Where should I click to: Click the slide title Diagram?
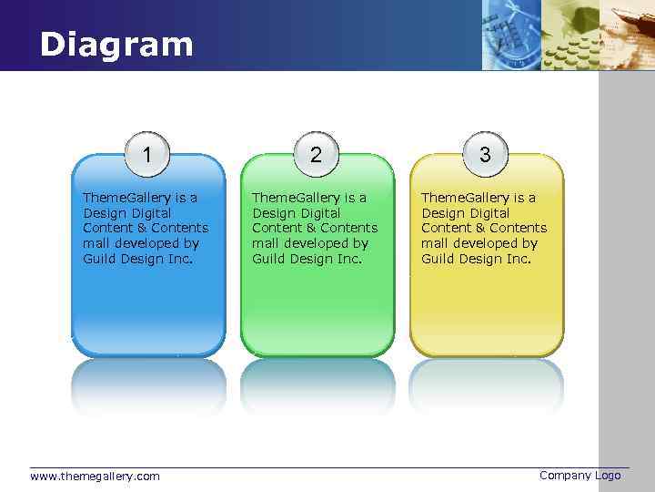click(x=116, y=44)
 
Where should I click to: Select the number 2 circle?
click(x=316, y=153)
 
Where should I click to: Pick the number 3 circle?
click(x=485, y=153)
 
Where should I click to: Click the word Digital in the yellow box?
click(x=489, y=212)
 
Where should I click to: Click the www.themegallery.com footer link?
click(x=95, y=476)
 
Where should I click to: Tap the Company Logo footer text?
click(x=579, y=475)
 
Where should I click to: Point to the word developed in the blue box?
click(x=149, y=243)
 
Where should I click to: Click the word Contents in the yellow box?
click(x=519, y=228)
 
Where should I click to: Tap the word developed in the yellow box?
click(x=488, y=243)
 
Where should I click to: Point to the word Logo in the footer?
click(x=608, y=475)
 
